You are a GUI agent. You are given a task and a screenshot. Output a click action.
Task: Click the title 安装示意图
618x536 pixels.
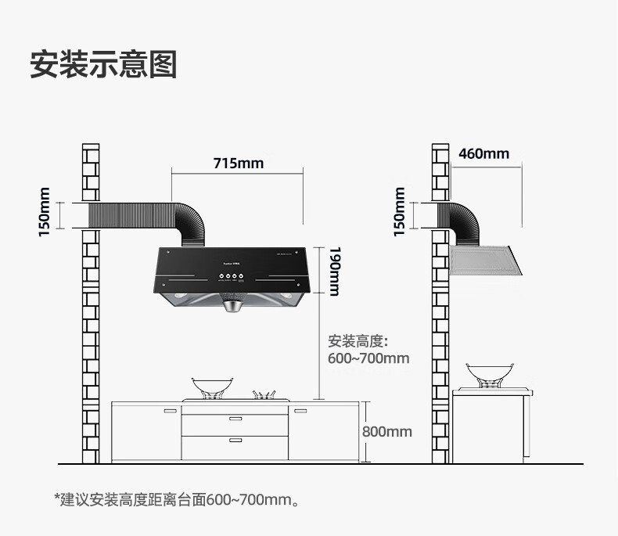[x=102, y=64]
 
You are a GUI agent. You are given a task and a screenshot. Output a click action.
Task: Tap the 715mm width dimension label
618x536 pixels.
[x=239, y=164]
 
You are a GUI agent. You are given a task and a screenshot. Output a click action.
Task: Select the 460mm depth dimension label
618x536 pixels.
[x=483, y=153]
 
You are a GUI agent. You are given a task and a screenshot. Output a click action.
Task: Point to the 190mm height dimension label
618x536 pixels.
[x=334, y=272]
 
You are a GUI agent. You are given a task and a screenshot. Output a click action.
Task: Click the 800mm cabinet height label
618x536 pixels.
[x=386, y=431]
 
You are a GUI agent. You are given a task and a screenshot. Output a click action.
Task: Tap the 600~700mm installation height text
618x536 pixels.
[x=368, y=358]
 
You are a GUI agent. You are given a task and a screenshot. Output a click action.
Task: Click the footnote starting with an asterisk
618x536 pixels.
[x=176, y=498]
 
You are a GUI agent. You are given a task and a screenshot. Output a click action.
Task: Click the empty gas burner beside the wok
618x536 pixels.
[x=268, y=394]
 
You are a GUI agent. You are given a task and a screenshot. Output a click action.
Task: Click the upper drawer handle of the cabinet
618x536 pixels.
[x=235, y=420]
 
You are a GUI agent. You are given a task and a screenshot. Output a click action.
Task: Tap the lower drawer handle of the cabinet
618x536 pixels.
[x=235, y=441]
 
